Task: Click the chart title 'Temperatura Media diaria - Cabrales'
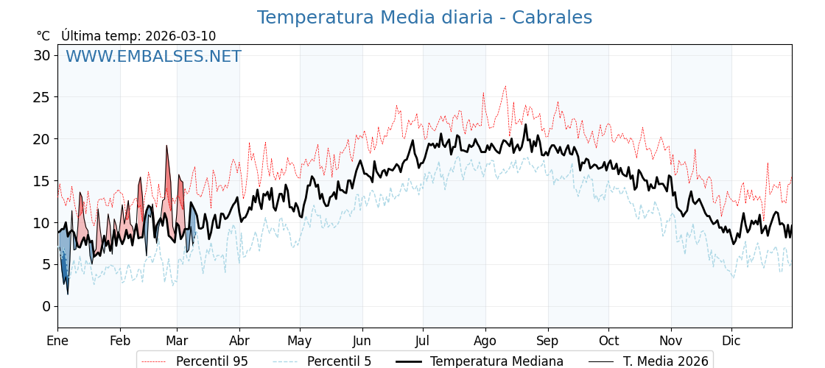424,18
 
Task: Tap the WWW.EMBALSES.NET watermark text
153,57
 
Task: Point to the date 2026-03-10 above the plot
180,36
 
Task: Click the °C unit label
43,36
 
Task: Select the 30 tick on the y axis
42,55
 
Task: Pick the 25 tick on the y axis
42,97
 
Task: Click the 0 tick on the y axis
46,306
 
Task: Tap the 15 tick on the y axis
42,181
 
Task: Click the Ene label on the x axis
57,341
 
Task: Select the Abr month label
239,341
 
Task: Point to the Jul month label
423,341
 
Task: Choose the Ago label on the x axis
485,341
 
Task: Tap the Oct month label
608,341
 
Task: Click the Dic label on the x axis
731,341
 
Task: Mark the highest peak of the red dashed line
505,86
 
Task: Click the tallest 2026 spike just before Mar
166,146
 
